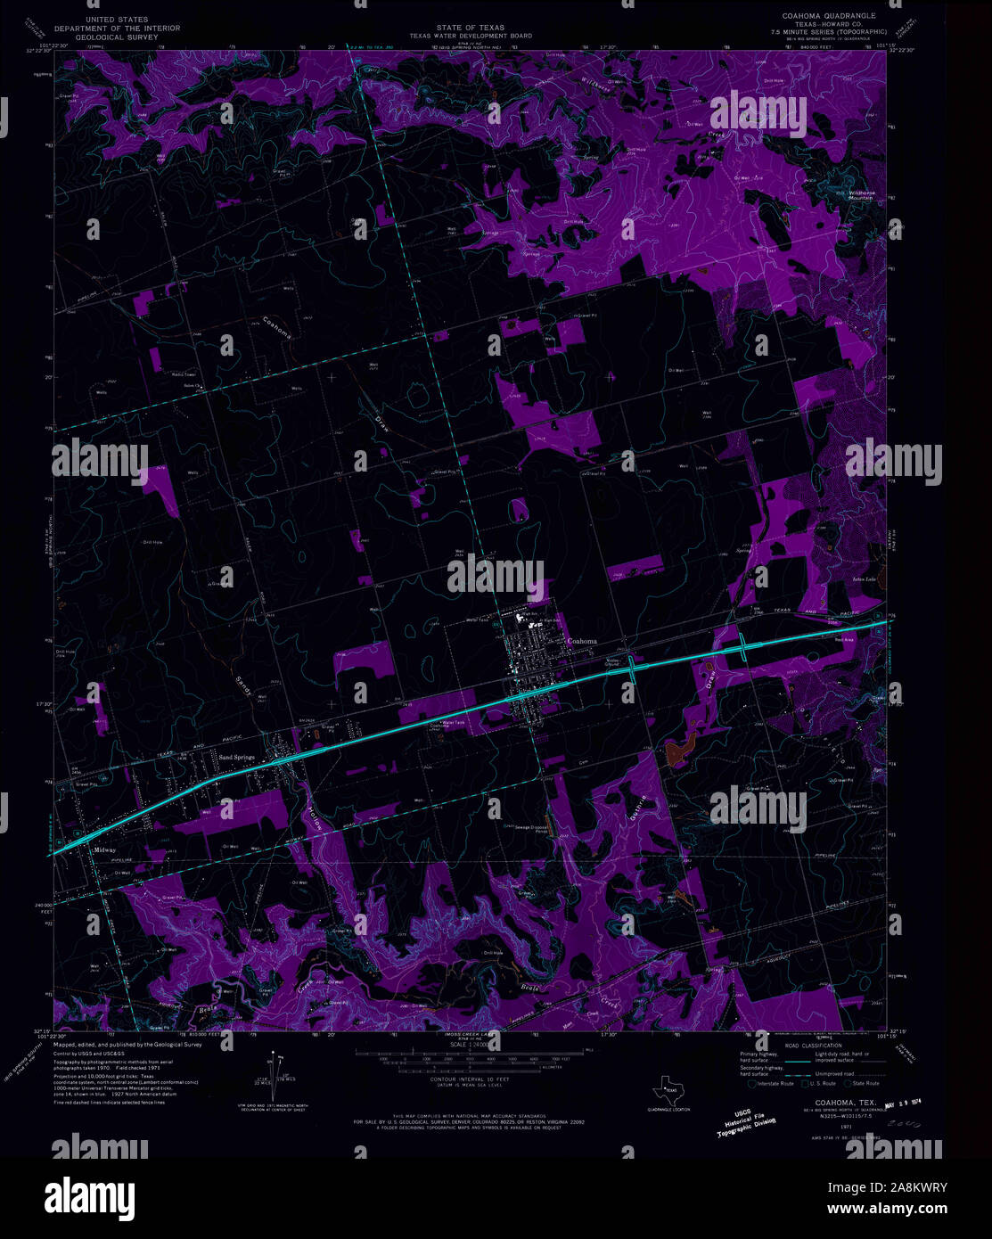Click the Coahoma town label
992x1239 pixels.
582,642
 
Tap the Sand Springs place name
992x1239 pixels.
237,757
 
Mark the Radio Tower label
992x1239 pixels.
184,375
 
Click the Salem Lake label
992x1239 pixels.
840,579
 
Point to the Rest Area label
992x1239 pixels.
844,639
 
